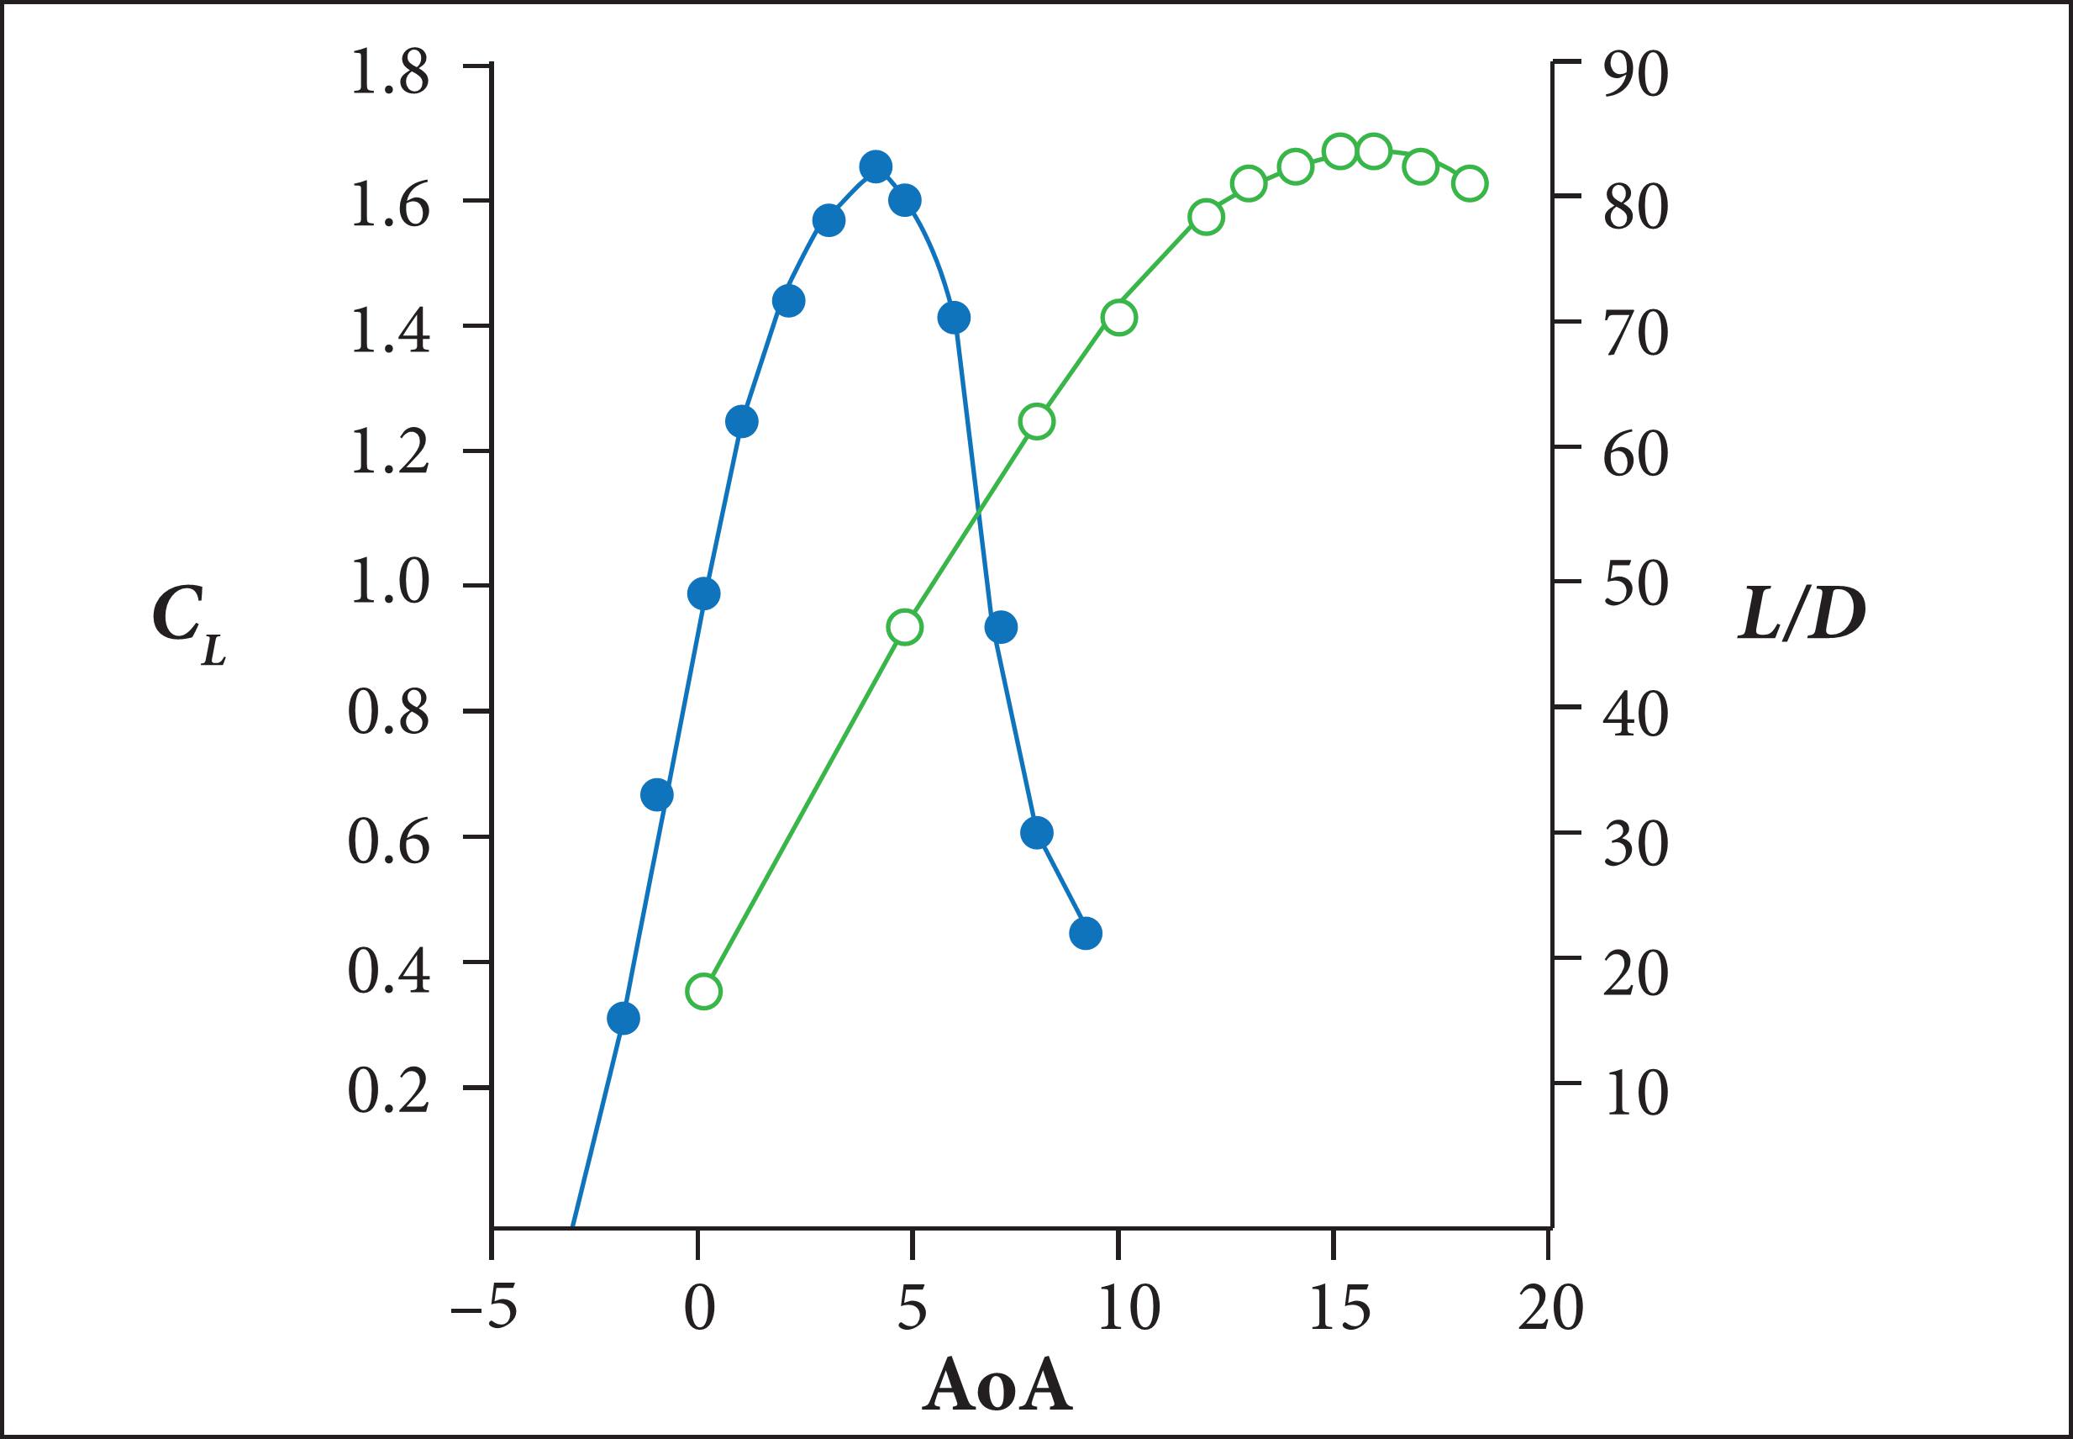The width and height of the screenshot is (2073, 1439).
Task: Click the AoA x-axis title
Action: [x=997, y=1385]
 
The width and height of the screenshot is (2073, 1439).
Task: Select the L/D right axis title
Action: [x=1801, y=619]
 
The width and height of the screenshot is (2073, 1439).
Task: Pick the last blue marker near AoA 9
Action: [x=1085, y=933]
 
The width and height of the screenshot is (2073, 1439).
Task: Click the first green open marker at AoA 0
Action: [x=704, y=992]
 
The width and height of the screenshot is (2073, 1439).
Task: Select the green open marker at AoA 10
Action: [x=1118, y=318]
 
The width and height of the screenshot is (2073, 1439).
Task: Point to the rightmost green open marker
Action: [x=1470, y=184]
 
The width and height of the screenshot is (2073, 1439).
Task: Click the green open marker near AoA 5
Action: [x=905, y=627]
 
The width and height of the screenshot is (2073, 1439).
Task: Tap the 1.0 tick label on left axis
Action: [x=389, y=585]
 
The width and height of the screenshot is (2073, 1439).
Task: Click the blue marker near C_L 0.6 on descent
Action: [x=1037, y=832]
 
